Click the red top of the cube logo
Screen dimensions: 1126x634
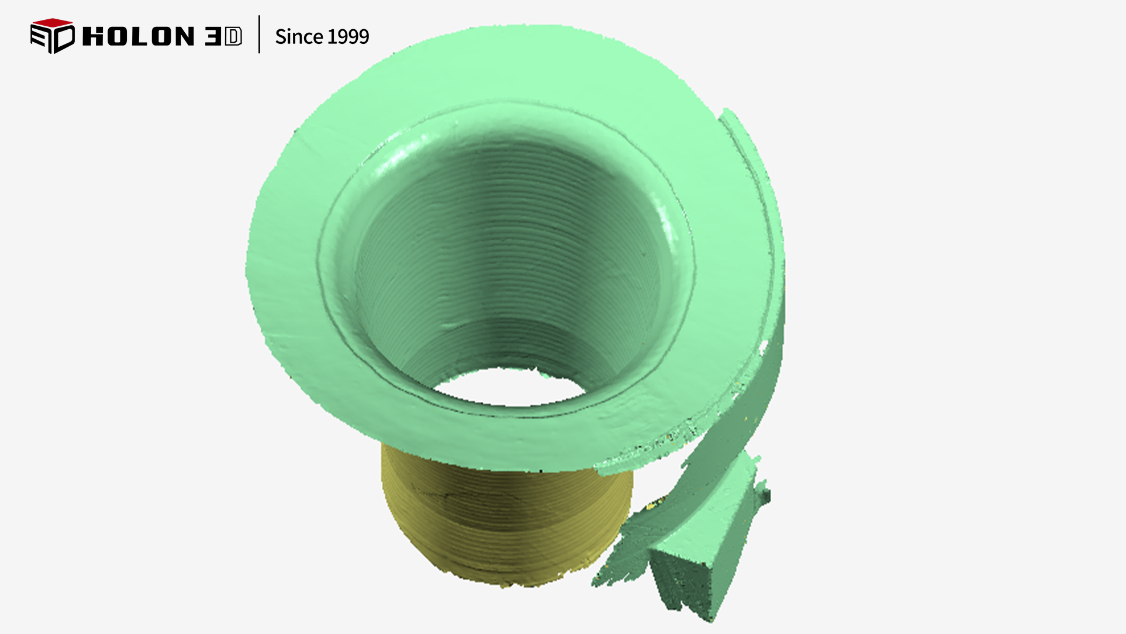53,23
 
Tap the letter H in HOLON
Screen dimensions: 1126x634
94,36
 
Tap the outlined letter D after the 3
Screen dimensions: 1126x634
233,36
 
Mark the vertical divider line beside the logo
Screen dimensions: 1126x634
259,35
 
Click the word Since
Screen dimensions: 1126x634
299,37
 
